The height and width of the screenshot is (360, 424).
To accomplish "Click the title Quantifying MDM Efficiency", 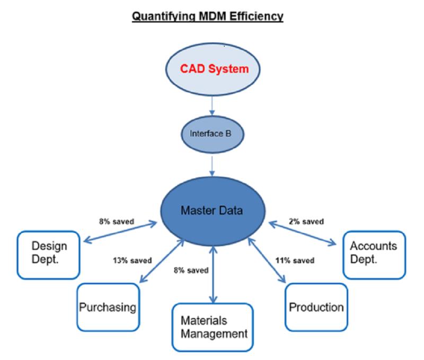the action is pos(207,16).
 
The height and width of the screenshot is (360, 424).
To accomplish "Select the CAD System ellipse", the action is pos(213,69).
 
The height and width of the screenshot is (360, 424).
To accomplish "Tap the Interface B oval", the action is pos(213,134).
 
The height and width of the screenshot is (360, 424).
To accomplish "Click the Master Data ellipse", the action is pos(213,211).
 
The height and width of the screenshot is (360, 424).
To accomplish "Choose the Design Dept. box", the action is pos(49,255).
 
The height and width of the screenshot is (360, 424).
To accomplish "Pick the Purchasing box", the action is pos(108,307).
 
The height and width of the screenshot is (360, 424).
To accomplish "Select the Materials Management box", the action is pos(213,327).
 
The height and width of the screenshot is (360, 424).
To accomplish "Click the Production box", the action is pos(316,307).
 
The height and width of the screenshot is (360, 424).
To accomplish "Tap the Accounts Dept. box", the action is pos(374,255).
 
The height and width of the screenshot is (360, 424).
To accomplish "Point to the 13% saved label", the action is pos(132,260).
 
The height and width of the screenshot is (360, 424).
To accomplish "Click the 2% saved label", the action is pos(306,222).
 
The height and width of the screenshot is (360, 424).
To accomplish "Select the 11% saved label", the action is pos(295,260).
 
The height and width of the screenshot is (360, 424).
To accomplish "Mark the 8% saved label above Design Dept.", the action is pos(116,222).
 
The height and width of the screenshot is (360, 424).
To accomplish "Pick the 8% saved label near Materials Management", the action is pos(191,271).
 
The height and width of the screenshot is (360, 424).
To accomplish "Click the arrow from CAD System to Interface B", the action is pos(212,105).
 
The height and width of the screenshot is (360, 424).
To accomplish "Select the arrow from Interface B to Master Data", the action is pos(212,166).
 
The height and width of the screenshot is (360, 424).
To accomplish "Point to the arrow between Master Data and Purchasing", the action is pos(162,261).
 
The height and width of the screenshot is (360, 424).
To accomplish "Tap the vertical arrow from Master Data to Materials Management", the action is pos(213,275).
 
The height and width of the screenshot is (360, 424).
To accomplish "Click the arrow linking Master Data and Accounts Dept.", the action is pos(303,233).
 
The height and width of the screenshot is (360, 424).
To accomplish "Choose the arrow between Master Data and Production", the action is pos(267,260).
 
